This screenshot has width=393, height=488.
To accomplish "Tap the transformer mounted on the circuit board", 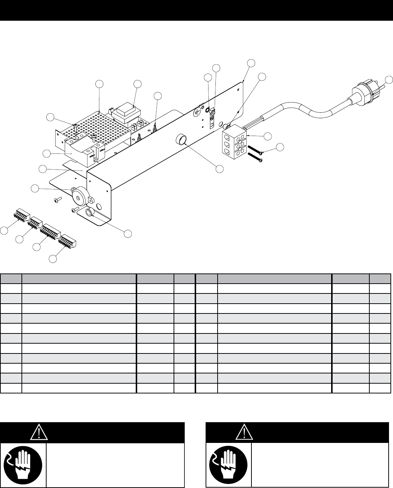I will point(125,112).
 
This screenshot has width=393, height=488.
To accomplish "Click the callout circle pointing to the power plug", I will point(389,80).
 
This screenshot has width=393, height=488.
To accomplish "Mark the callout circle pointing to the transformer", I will point(137,84).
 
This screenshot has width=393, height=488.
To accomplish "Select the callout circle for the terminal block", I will point(267,136).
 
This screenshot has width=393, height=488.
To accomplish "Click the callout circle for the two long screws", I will point(279,147).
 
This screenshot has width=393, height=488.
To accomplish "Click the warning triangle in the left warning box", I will point(37,432).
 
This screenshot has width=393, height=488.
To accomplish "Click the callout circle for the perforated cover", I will point(100,84).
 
